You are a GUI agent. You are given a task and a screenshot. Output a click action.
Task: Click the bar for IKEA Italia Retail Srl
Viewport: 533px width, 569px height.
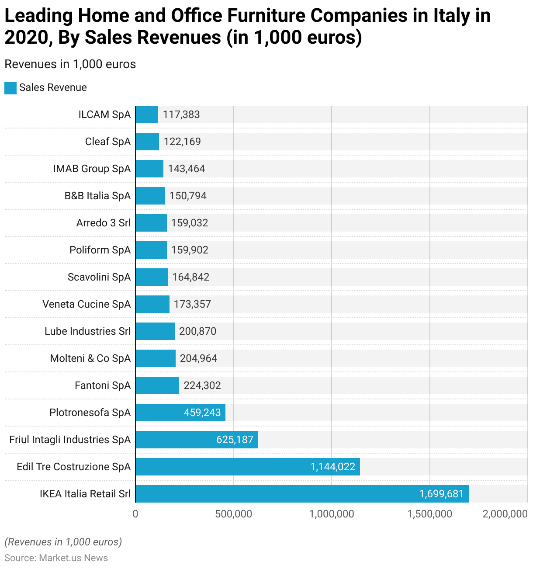click(301, 494)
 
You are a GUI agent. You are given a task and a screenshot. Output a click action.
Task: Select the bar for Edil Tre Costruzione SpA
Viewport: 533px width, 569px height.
click(247, 467)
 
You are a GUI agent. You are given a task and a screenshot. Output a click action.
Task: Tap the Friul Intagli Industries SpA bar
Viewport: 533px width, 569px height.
click(196, 440)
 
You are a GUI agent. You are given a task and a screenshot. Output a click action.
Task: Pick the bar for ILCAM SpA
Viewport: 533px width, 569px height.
click(147, 114)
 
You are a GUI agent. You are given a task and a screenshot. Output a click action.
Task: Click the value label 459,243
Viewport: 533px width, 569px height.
click(202, 413)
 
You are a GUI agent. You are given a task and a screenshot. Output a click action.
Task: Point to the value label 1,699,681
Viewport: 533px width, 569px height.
click(441, 494)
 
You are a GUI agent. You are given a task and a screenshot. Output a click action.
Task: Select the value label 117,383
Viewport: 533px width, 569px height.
click(181, 114)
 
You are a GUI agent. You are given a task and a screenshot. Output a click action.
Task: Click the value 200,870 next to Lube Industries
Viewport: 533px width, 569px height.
click(197, 331)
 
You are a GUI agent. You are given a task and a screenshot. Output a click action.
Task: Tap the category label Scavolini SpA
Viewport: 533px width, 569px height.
click(99, 277)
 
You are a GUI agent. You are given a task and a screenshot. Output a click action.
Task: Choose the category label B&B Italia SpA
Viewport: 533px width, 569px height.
click(97, 196)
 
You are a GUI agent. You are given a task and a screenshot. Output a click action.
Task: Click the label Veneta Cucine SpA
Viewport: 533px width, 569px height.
click(87, 304)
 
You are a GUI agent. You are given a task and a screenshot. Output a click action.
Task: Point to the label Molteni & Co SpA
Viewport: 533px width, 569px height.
click(90, 358)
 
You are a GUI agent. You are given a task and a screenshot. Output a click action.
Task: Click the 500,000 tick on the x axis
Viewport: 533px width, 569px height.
click(234, 514)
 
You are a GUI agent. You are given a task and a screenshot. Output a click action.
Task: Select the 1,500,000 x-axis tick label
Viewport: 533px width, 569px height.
click(429, 514)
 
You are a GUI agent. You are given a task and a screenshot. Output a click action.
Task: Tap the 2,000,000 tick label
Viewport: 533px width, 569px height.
click(505, 514)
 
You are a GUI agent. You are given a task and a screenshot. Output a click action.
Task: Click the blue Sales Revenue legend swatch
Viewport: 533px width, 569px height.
click(10, 88)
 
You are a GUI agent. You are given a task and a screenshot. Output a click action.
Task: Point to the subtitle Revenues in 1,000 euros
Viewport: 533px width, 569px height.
click(70, 64)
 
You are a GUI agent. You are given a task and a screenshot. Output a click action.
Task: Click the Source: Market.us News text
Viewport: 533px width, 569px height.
click(56, 558)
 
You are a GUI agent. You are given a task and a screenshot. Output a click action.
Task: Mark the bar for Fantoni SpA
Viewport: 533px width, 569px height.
click(157, 385)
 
